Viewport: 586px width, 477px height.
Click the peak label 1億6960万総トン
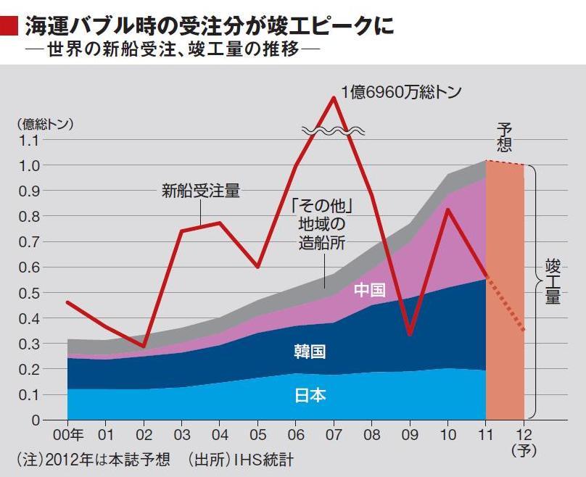coord(401,92)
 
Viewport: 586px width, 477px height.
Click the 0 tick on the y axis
coord(34,420)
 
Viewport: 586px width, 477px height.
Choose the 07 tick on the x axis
coord(333,436)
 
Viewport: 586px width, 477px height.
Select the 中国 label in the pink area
coord(369,291)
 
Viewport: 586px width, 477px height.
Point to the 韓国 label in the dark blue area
coord(310,352)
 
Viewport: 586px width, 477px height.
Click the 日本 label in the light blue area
coord(310,396)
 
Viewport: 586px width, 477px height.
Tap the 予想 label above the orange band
coord(504,136)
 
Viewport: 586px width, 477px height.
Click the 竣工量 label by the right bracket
coord(553,282)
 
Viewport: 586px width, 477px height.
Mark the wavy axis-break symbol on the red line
coord(333,131)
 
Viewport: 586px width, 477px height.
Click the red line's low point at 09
coord(410,334)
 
